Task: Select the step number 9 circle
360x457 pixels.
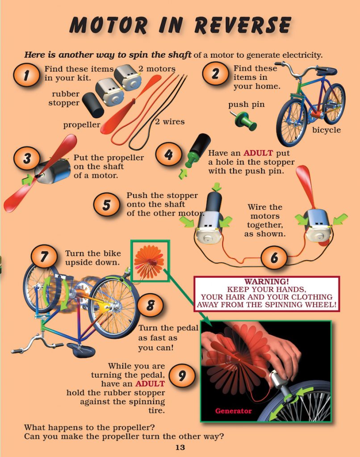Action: click(x=182, y=376)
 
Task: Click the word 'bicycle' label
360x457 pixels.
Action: click(x=326, y=130)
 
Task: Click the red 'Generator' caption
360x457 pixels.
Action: click(x=233, y=411)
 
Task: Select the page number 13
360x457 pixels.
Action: click(x=180, y=448)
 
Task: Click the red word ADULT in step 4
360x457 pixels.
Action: click(x=259, y=153)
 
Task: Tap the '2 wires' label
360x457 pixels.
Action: click(x=170, y=121)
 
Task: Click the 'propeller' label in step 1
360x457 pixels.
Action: click(x=81, y=125)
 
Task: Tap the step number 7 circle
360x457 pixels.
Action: click(x=44, y=258)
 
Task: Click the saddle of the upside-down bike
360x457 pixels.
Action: click(x=80, y=349)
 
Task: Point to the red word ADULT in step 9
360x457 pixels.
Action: click(x=150, y=384)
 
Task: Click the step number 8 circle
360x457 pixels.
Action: click(x=151, y=306)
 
